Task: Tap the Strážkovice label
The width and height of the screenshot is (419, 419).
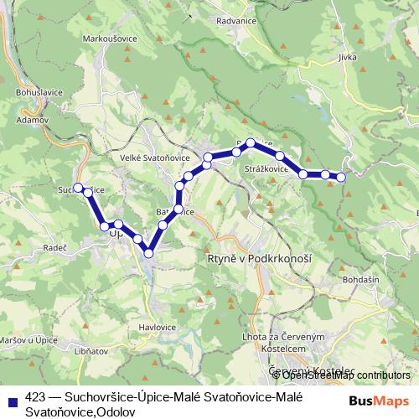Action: pyautogui.click(x=266, y=168)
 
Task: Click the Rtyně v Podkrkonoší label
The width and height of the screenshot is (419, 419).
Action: pyautogui.click(x=258, y=259)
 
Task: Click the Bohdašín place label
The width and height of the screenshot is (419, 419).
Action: pyautogui.click(x=361, y=277)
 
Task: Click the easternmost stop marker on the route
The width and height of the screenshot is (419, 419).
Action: pyautogui.click(x=342, y=176)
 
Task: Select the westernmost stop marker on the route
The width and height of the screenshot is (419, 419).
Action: pyautogui.click(x=78, y=187)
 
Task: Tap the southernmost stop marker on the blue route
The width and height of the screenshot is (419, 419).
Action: pyautogui.click(x=148, y=253)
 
